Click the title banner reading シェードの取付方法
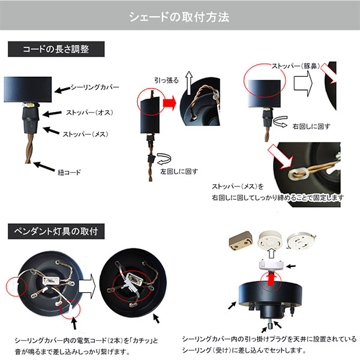coord(179,16)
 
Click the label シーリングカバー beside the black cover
coord(94,88)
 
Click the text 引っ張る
coord(166,79)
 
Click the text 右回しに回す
coord(310,127)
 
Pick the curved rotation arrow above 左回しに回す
coord(163,159)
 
